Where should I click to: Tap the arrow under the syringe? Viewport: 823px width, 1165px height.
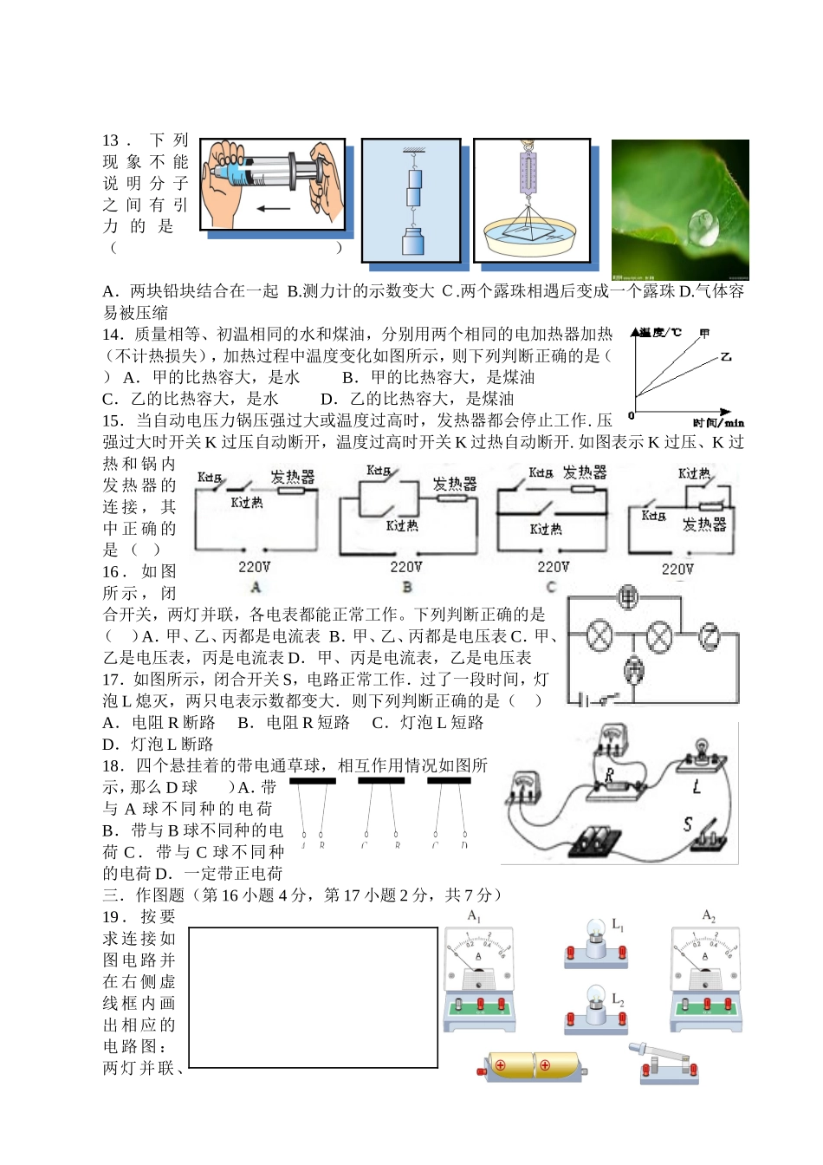coord(273,209)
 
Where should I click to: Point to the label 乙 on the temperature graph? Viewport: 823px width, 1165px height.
coord(726,356)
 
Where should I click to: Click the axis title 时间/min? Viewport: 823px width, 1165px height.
coord(718,423)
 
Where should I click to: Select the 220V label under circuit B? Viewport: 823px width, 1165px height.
coord(405,567)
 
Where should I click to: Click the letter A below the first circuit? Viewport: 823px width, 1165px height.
coord(256,587)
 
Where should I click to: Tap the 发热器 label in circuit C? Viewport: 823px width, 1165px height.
coord(585,472)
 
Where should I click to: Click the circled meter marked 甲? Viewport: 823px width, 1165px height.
coord(628,597)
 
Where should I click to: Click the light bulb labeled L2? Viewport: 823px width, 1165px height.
coord(596,1004)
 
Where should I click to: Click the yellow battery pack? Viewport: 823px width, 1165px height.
coord(533,1066)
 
